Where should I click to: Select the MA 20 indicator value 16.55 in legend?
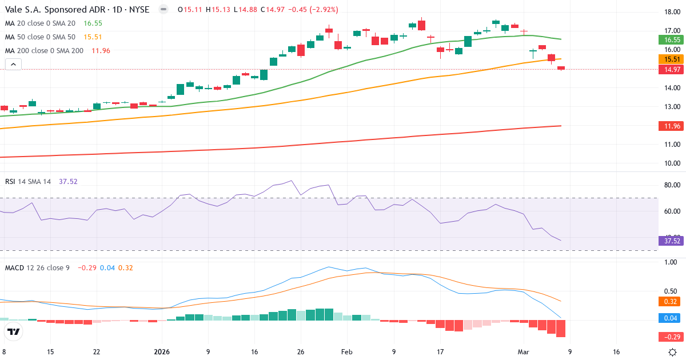(93, 23)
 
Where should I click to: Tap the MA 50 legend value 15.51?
(93, 37)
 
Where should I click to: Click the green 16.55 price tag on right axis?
(672, 40)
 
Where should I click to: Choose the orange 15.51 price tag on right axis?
(672, 59)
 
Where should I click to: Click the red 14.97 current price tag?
(672, 70)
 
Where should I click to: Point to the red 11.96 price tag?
(672, 126)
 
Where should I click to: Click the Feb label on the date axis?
(347, 352)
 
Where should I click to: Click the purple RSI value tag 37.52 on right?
(672, 241)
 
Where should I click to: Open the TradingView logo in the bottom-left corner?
(14, 331)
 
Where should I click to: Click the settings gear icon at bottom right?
(673, 352)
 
